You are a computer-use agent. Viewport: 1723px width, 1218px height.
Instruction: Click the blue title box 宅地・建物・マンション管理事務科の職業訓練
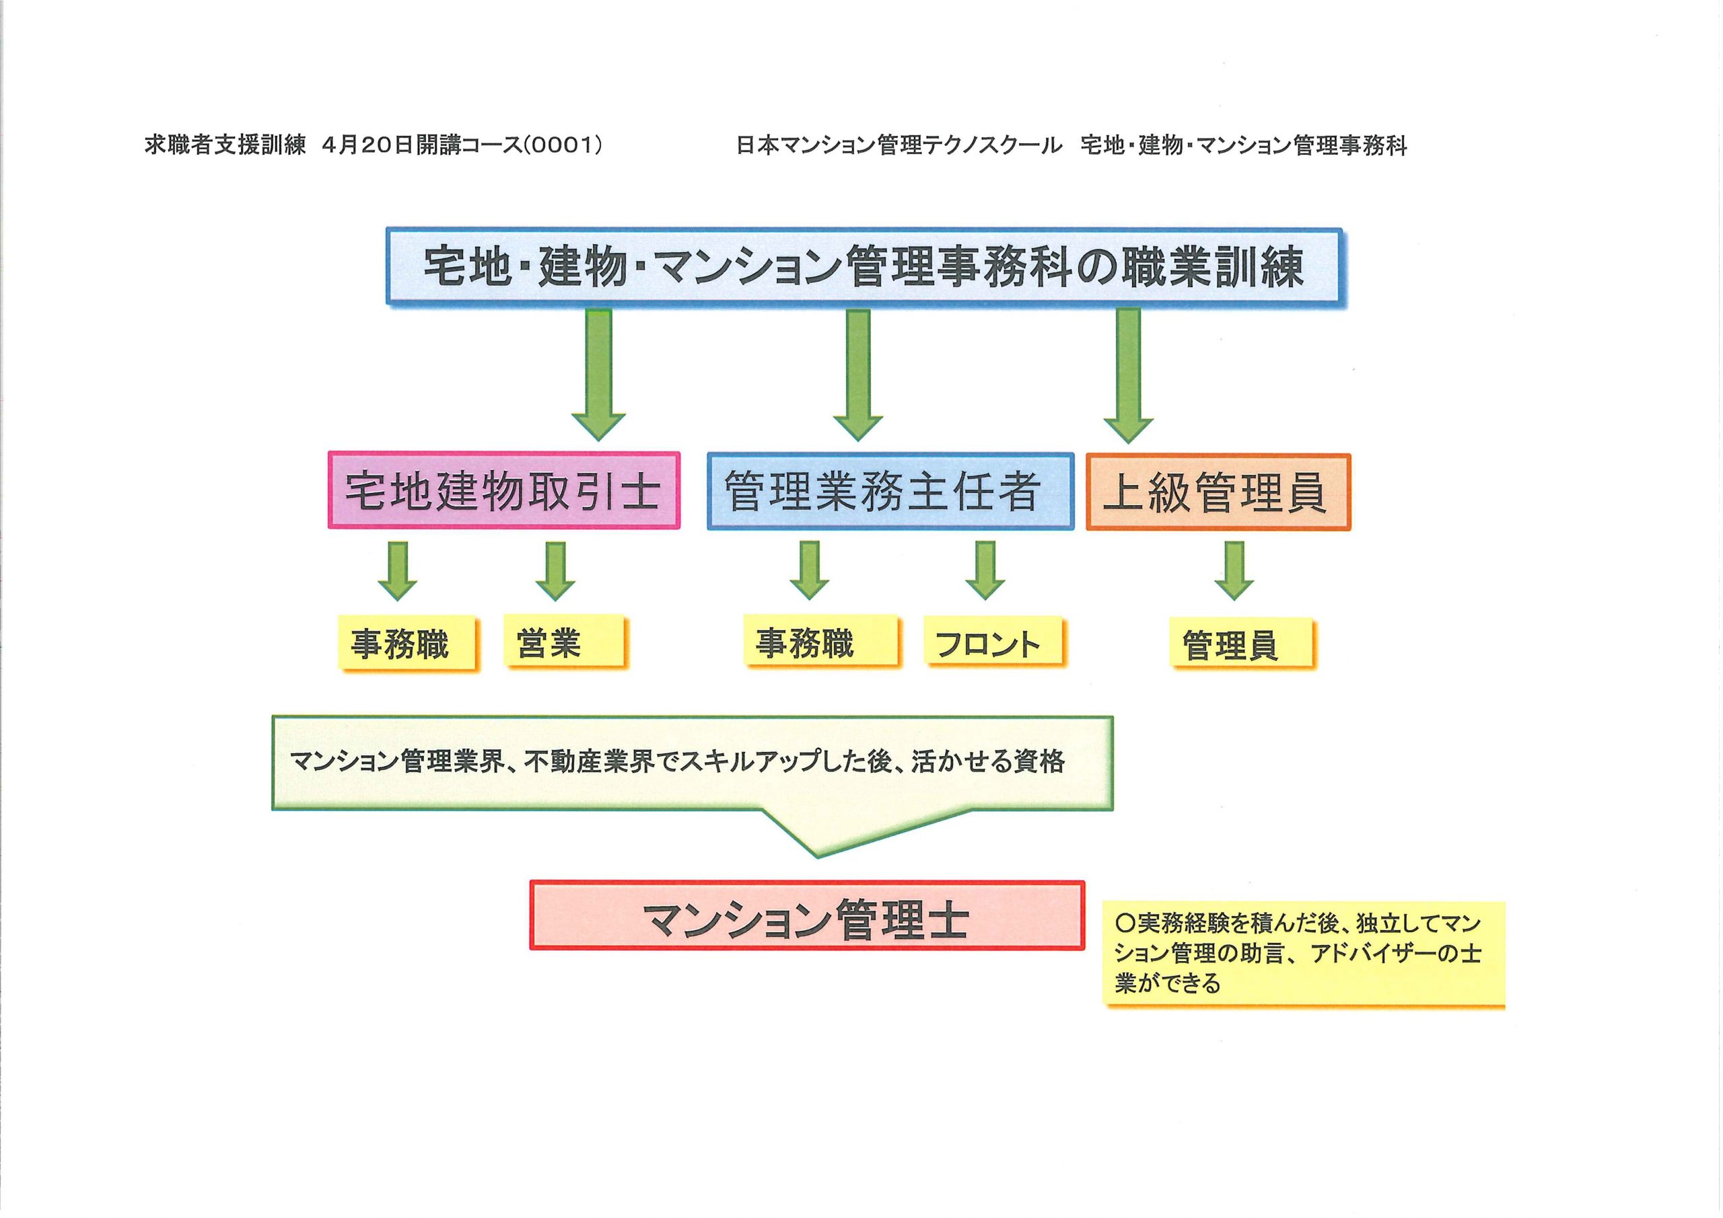click(x=864, y=267)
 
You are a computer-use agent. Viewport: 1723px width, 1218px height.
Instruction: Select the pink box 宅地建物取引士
click(x=503, y=490)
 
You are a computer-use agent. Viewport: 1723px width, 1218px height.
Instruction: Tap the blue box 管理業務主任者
click(x=890, y=491)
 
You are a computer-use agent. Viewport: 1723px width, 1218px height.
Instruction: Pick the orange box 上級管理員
click(x=1218, y=492)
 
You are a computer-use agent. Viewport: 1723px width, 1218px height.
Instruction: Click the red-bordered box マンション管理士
click(x=808, y=915)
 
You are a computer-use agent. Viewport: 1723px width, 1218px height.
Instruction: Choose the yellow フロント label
click(x=994, y=641)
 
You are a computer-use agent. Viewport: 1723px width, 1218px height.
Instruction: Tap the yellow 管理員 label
click(x=1242, y=644)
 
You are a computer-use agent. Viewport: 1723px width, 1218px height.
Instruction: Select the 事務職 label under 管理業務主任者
click(x=821, y=641)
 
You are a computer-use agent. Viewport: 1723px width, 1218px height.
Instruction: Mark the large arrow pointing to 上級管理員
click(x=1128, y=375)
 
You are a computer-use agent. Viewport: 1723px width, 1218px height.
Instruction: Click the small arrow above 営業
click(x=555, y=572)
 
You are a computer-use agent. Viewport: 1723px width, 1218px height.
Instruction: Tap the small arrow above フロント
click(x=985, y=571)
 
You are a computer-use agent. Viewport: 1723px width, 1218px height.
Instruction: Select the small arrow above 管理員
click(x=1234, y=571)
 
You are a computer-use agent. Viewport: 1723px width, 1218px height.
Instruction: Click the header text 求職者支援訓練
click(x=225, y=145)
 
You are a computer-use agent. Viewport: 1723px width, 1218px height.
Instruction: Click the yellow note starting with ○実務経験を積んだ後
click(x=1304, y=952)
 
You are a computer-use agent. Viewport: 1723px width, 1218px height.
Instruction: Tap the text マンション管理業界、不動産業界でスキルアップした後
click(x=592, y=762)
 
